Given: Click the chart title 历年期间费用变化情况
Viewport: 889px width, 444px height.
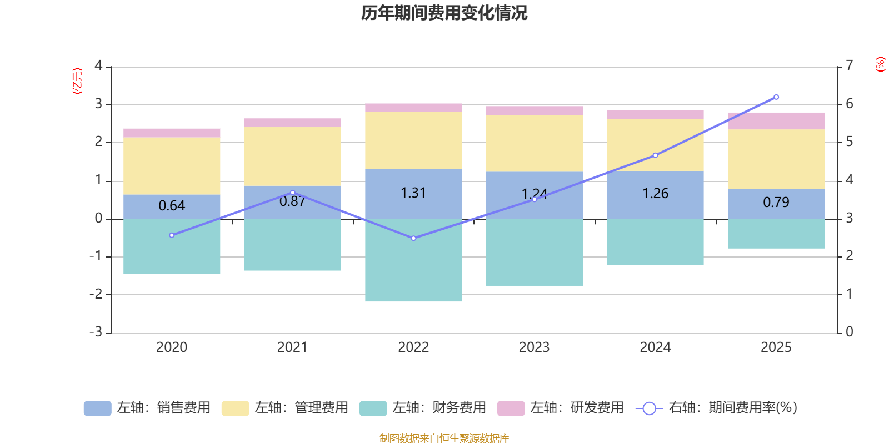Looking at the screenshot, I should pos(444,13).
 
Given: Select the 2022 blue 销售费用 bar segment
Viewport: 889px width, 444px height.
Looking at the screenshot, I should pos(413,205).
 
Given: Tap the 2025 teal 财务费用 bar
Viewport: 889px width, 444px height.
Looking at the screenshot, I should pos(776,234).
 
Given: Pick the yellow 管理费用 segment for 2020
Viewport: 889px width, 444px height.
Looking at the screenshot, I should pos(172,165).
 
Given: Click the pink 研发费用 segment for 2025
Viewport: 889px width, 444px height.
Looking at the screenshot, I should pos(776,121).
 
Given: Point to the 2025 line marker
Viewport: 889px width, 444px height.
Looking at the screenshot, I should pos(776,97).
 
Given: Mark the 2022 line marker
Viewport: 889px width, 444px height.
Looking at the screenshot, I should pos(413,238).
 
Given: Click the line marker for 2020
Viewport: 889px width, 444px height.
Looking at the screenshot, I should pos(172,235).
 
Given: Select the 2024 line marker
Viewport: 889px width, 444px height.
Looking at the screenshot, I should pos(655,155).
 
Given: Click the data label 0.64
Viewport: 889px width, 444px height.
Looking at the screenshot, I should pos(172,206).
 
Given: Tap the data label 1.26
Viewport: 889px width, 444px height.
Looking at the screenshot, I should pos(655,194).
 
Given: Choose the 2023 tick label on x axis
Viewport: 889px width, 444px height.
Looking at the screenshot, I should pos(534,347).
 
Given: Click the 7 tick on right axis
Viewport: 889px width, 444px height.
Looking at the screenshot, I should pos(849,65).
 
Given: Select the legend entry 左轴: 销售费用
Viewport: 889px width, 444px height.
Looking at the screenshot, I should pos(147,408).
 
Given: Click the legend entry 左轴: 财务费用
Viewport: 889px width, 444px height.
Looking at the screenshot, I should pos(423,408).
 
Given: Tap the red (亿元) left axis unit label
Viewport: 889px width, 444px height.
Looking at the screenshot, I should pos(77,81).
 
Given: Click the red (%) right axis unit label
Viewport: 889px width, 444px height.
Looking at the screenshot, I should pos(880,64).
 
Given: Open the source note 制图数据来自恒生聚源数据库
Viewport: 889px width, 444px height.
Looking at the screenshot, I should pos(444,438).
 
